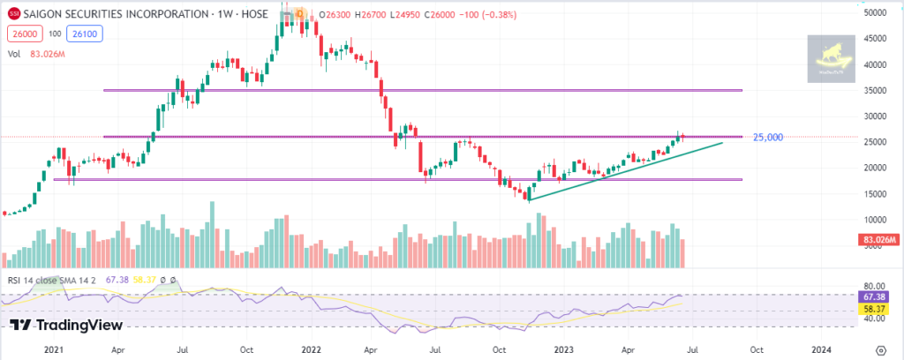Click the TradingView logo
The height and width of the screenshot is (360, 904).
point(66,325)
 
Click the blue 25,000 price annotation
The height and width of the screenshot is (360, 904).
point(767,138)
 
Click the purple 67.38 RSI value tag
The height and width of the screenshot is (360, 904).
point(873,298)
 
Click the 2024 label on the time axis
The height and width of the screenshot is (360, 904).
point(822,349)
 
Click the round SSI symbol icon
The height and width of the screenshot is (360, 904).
point(12,13)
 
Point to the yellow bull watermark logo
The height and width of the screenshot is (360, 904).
point(832,60)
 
